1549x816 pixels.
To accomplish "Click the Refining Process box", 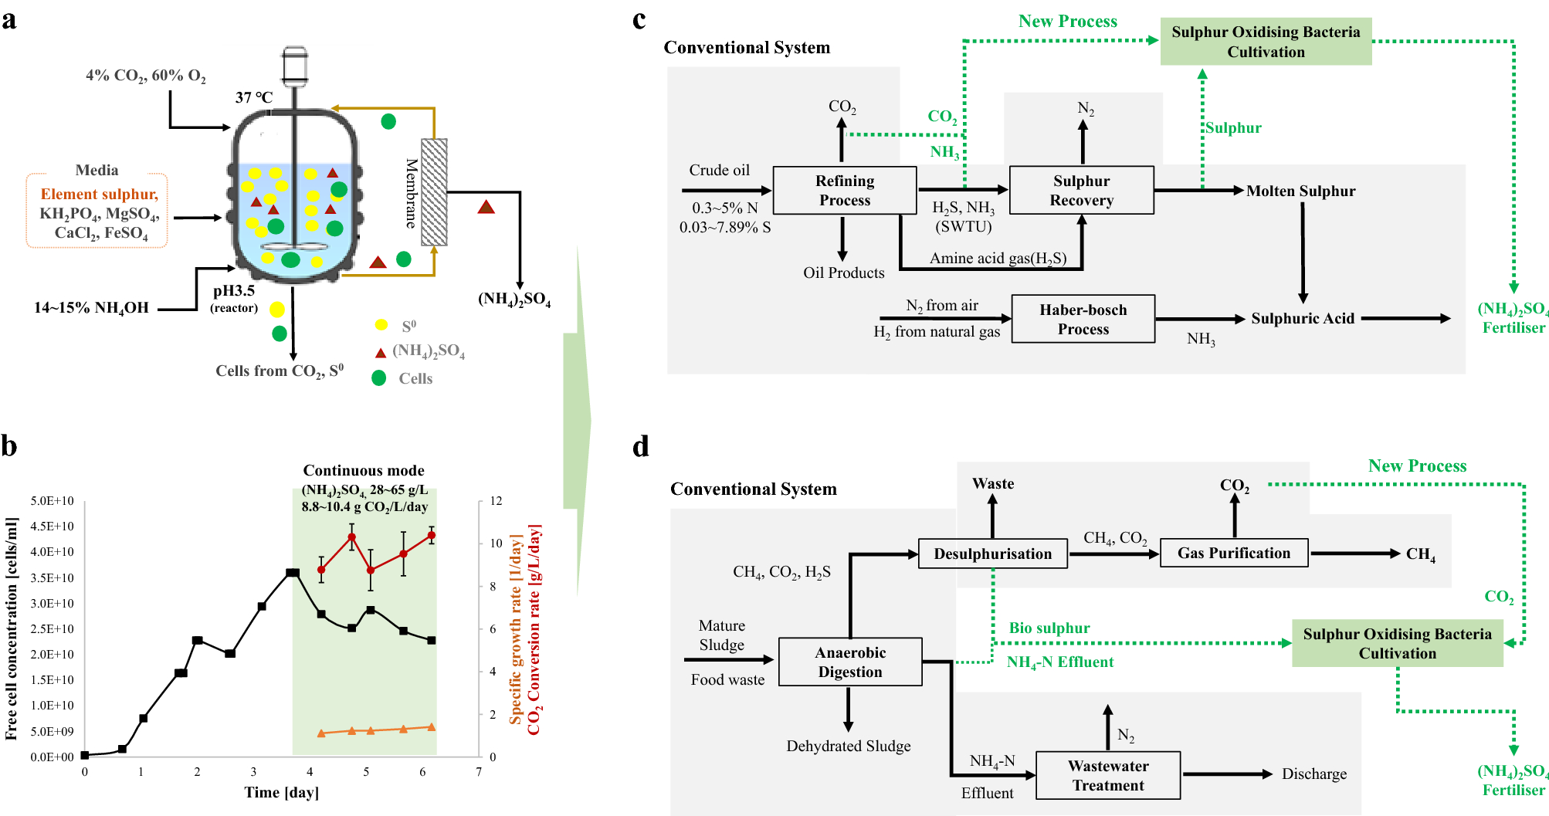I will pyautogui.click(x=844, y=190).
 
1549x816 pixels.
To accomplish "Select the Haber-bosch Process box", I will pyautogui.click(x=1083, y=319).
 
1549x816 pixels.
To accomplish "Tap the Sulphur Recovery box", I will pyautogui.click(x=1081, y=190).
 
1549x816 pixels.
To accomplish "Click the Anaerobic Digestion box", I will pyautogui.click(x=849, y=662).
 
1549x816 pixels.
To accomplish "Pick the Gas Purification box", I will pyautogui.click(x=1233, y=553).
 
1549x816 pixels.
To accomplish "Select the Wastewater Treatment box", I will pyautogui.click(x=1107, y=775).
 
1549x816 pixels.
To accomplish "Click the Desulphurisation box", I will pyautogui.click(x=992, y=554).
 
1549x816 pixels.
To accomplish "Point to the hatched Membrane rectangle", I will pyautogui.click(x=434, y=192).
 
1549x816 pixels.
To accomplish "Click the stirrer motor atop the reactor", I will pyautogui.click(x=295, y=65).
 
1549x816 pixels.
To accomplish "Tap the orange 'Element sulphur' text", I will pyautogui.click(x=99, y=195).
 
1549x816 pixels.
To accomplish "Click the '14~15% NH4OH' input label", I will pyautogui.click(x=91, y=308).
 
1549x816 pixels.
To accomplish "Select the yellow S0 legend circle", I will pyautogui.click(x=381, y=325).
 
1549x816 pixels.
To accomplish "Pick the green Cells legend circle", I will pyautogui.click(x=379, y=378).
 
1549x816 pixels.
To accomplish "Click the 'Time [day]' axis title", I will pyautogui.click(x=281, y=792).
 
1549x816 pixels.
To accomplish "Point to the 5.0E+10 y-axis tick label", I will pyautogui.click(x=53, y=501).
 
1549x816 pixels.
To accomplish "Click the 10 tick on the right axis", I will pyautogui.click(x=496, y=543).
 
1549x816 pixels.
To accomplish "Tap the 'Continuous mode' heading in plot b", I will pyautogui.click(x=364, y=470).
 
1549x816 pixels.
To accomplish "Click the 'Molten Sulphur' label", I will pyautogui.click(x=1300, y=191).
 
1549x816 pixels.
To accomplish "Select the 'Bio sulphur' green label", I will pyautogui.click(x=1049, y=628).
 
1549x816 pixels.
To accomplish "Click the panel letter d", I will pyautogui.click(x=640, y=447).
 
